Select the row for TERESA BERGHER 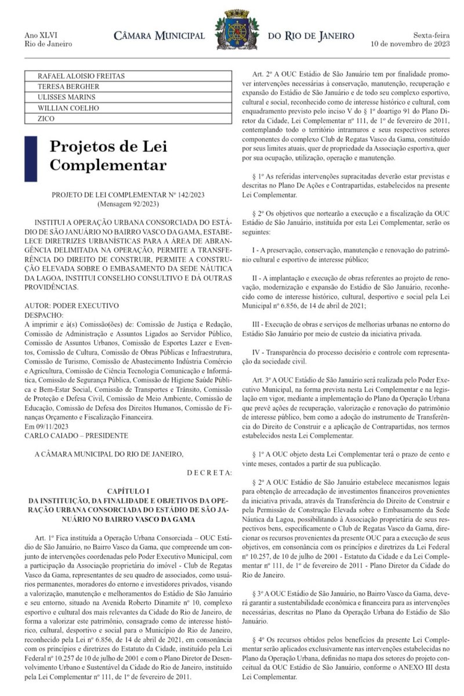tap(60, 86)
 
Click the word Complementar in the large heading tap(108, 165)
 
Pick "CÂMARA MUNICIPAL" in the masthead tap(158, 37)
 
